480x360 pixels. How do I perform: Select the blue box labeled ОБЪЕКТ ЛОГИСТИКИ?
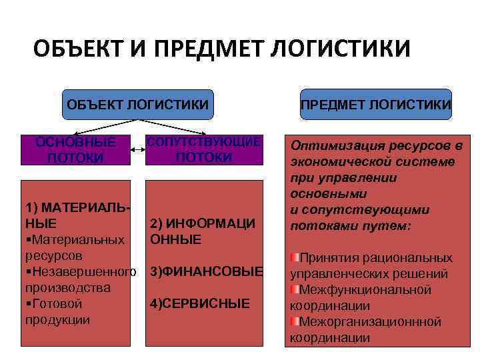pyautogui.click(x=137, y=104)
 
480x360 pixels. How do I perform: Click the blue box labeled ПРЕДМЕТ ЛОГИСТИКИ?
pyautogui.click(x=375, y=104)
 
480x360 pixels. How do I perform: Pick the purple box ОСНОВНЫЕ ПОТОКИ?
pyautogui.click(x=75, y=150)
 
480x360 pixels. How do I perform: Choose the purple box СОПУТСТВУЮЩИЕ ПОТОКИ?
pyautogui.click(x=204, y=150)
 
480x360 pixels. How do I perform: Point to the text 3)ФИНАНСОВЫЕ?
pyautogui.click(x=207, y=271)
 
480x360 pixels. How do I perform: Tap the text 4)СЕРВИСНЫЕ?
pyautogui.click(x=200, y=303)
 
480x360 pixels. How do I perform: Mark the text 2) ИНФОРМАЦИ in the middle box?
pyautogui.click(x=203, y=223)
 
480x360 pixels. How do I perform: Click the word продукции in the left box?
pyautogui.click(x=57, y=319)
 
